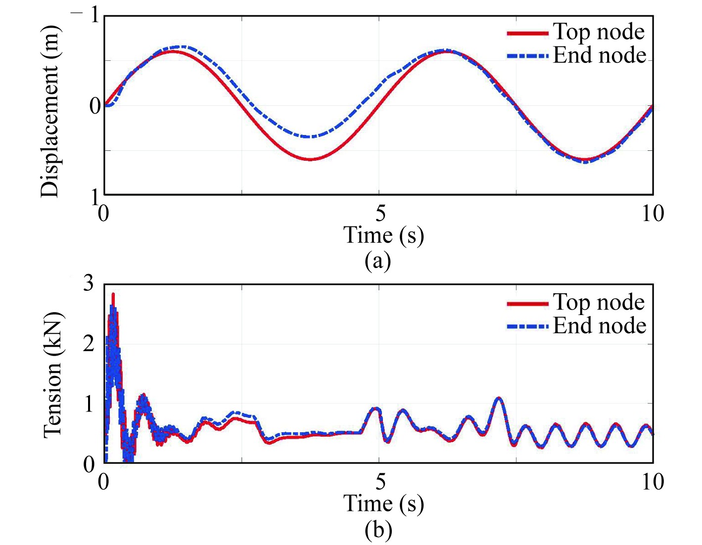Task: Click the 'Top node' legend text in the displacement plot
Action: [599, 32]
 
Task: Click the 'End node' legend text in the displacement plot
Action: [600, 55]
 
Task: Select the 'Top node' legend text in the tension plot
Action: [599, 302]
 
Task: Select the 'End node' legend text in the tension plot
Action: [600, 326]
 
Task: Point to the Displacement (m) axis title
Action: [50, 111]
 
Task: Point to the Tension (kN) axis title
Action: [52, 375]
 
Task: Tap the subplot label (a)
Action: [378, 260]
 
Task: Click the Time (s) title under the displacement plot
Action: [383, 235]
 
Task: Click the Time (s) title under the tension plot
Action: [383, 504]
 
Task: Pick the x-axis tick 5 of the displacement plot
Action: [380, 214]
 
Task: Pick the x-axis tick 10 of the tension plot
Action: [653, 482]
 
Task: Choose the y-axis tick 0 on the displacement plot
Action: [95, 106]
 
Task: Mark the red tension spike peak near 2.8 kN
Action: [113, 295]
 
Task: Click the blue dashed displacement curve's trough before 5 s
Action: [309, 136]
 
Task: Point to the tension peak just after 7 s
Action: [498, 398]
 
